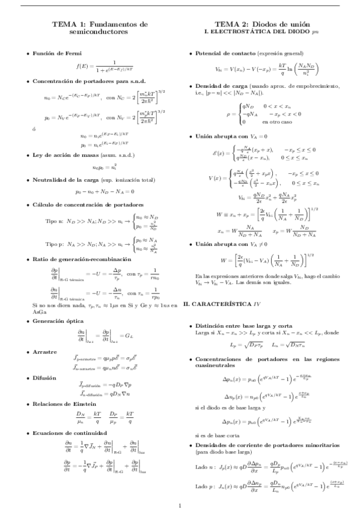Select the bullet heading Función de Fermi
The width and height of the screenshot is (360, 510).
click(x=56, y=54)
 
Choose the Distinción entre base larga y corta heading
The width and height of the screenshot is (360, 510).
click(x=245, y=325)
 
